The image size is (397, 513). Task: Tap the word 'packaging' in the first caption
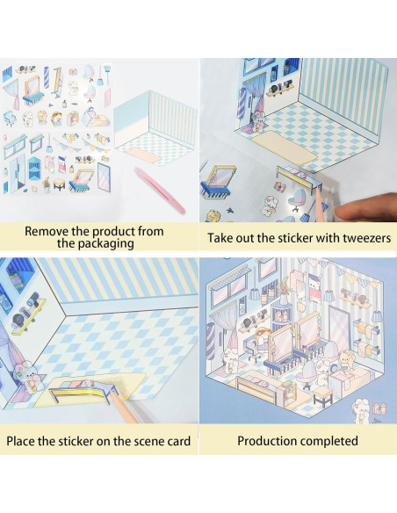(x=96, y=244)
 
